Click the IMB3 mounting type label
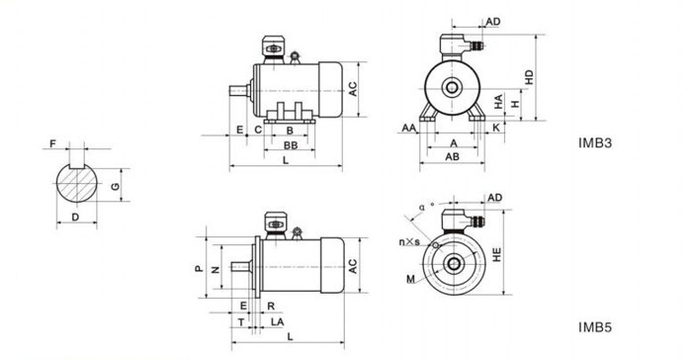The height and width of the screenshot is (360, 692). (x=595, y=143)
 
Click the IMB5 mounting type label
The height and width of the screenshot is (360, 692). (x=595, y=327)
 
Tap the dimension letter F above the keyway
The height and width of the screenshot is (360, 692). (x=53, y=144)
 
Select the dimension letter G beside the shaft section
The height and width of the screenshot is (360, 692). (x=116, y=186)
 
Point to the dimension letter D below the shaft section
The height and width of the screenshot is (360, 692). (x=75, y=218)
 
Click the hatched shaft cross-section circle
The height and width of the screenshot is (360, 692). (x=77, y=183)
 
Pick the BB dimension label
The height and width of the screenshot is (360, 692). (x=290, y=145)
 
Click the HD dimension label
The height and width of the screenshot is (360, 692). (x=529, y=77)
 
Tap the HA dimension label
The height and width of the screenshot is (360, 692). (x=498, y=102)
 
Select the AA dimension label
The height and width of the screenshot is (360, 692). (x=409, y=129)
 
